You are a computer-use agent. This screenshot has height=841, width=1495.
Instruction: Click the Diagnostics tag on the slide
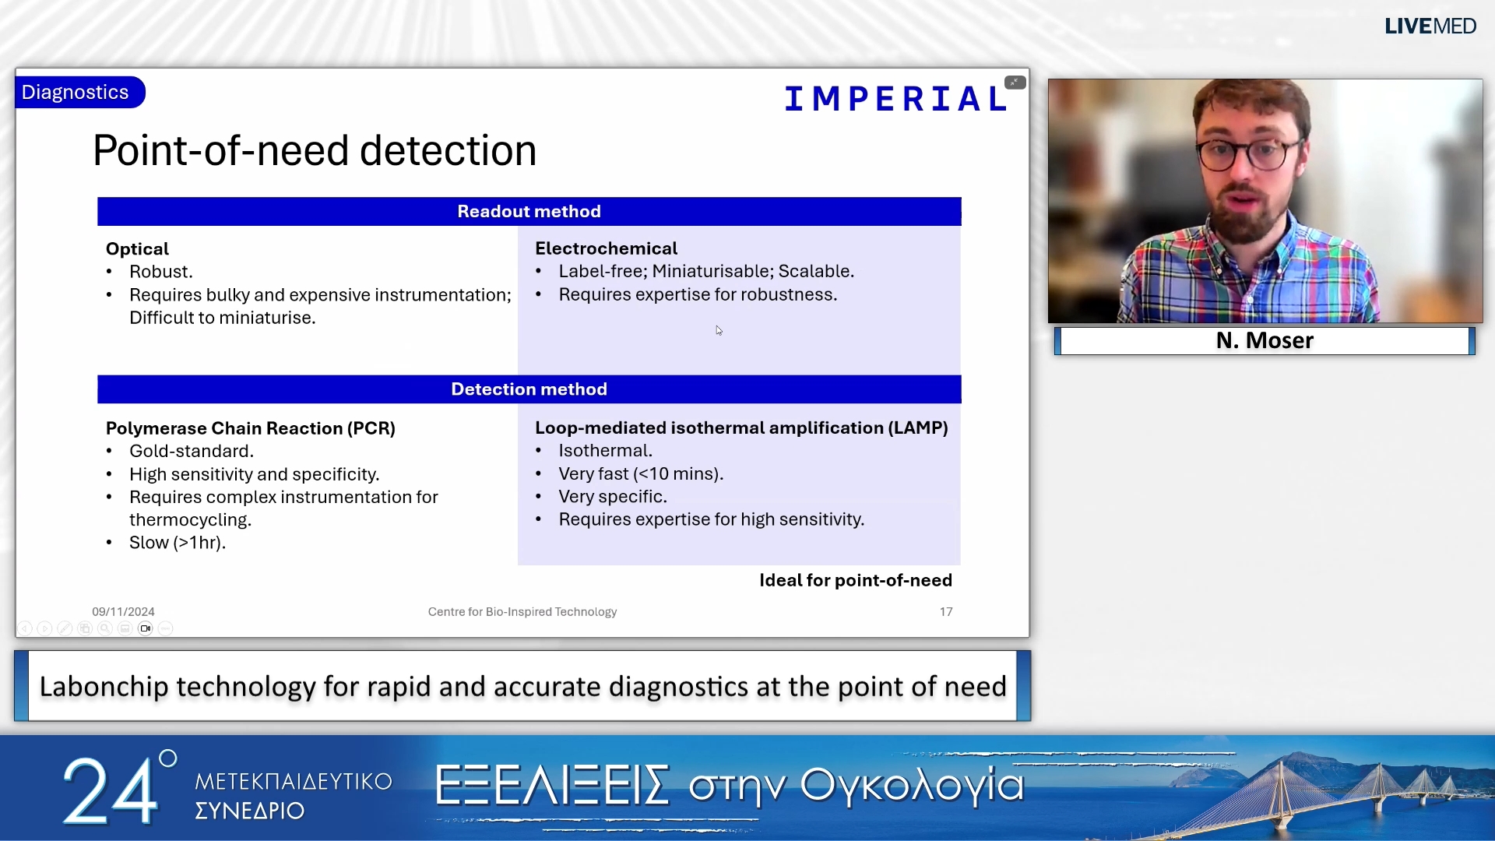point(76,92)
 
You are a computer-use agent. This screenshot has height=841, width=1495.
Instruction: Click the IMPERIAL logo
point(895,99)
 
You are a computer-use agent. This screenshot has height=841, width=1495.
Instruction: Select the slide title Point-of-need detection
point(315,150)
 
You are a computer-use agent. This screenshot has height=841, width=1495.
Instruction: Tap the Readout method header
point(529,212)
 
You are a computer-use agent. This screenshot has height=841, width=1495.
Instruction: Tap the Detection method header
point(529,389)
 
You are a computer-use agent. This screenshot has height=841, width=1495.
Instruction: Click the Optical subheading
point(137,249)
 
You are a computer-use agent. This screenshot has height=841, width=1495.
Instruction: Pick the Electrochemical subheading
point(606,248)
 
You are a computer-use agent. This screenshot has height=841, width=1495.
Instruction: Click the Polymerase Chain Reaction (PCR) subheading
point(251,428)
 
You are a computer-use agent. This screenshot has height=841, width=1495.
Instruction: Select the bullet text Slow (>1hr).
point(178,543)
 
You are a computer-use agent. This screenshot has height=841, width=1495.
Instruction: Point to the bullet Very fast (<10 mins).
point(641,473)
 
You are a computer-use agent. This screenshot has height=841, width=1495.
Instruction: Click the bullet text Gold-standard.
point(192,451)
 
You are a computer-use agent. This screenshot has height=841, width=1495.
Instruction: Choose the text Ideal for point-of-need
point(855,580)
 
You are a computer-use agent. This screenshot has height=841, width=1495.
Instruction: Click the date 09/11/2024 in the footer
point(123,612)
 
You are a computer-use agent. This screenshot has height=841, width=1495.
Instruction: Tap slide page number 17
point(946,612)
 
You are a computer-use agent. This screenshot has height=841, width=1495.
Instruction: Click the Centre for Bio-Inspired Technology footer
point(522,612)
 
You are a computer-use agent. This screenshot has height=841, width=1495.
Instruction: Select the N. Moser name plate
point(1265,340)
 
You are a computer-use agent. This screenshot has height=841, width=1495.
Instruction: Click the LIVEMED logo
point(1430,26)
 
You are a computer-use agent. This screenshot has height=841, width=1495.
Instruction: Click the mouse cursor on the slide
point(719,330)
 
